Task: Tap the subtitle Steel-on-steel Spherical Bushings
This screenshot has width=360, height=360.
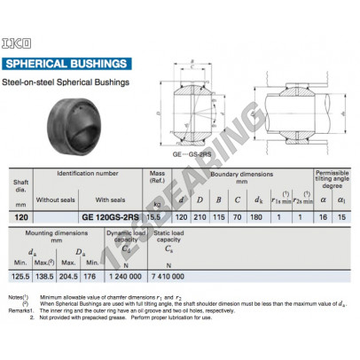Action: point(67,83)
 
